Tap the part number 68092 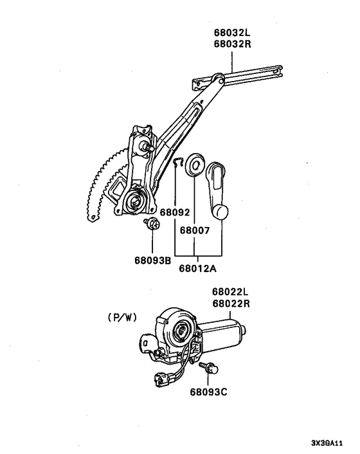175,212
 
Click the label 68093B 152,260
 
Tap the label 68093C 209,390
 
